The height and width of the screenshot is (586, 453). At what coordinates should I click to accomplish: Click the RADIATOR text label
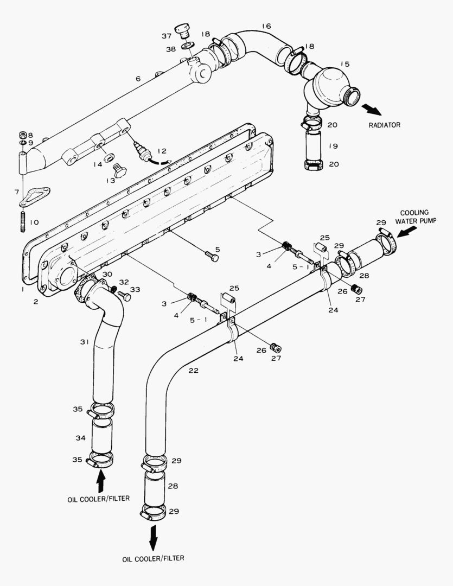385,125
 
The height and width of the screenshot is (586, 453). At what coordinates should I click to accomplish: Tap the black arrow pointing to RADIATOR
373,110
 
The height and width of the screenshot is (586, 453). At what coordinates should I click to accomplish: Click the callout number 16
265,26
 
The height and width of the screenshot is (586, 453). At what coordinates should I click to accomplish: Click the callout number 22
194,371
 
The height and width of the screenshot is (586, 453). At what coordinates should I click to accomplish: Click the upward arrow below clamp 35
101,480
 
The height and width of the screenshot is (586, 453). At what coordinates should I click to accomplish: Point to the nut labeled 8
23,135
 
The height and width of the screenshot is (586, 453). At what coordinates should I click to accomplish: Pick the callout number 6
138,79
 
